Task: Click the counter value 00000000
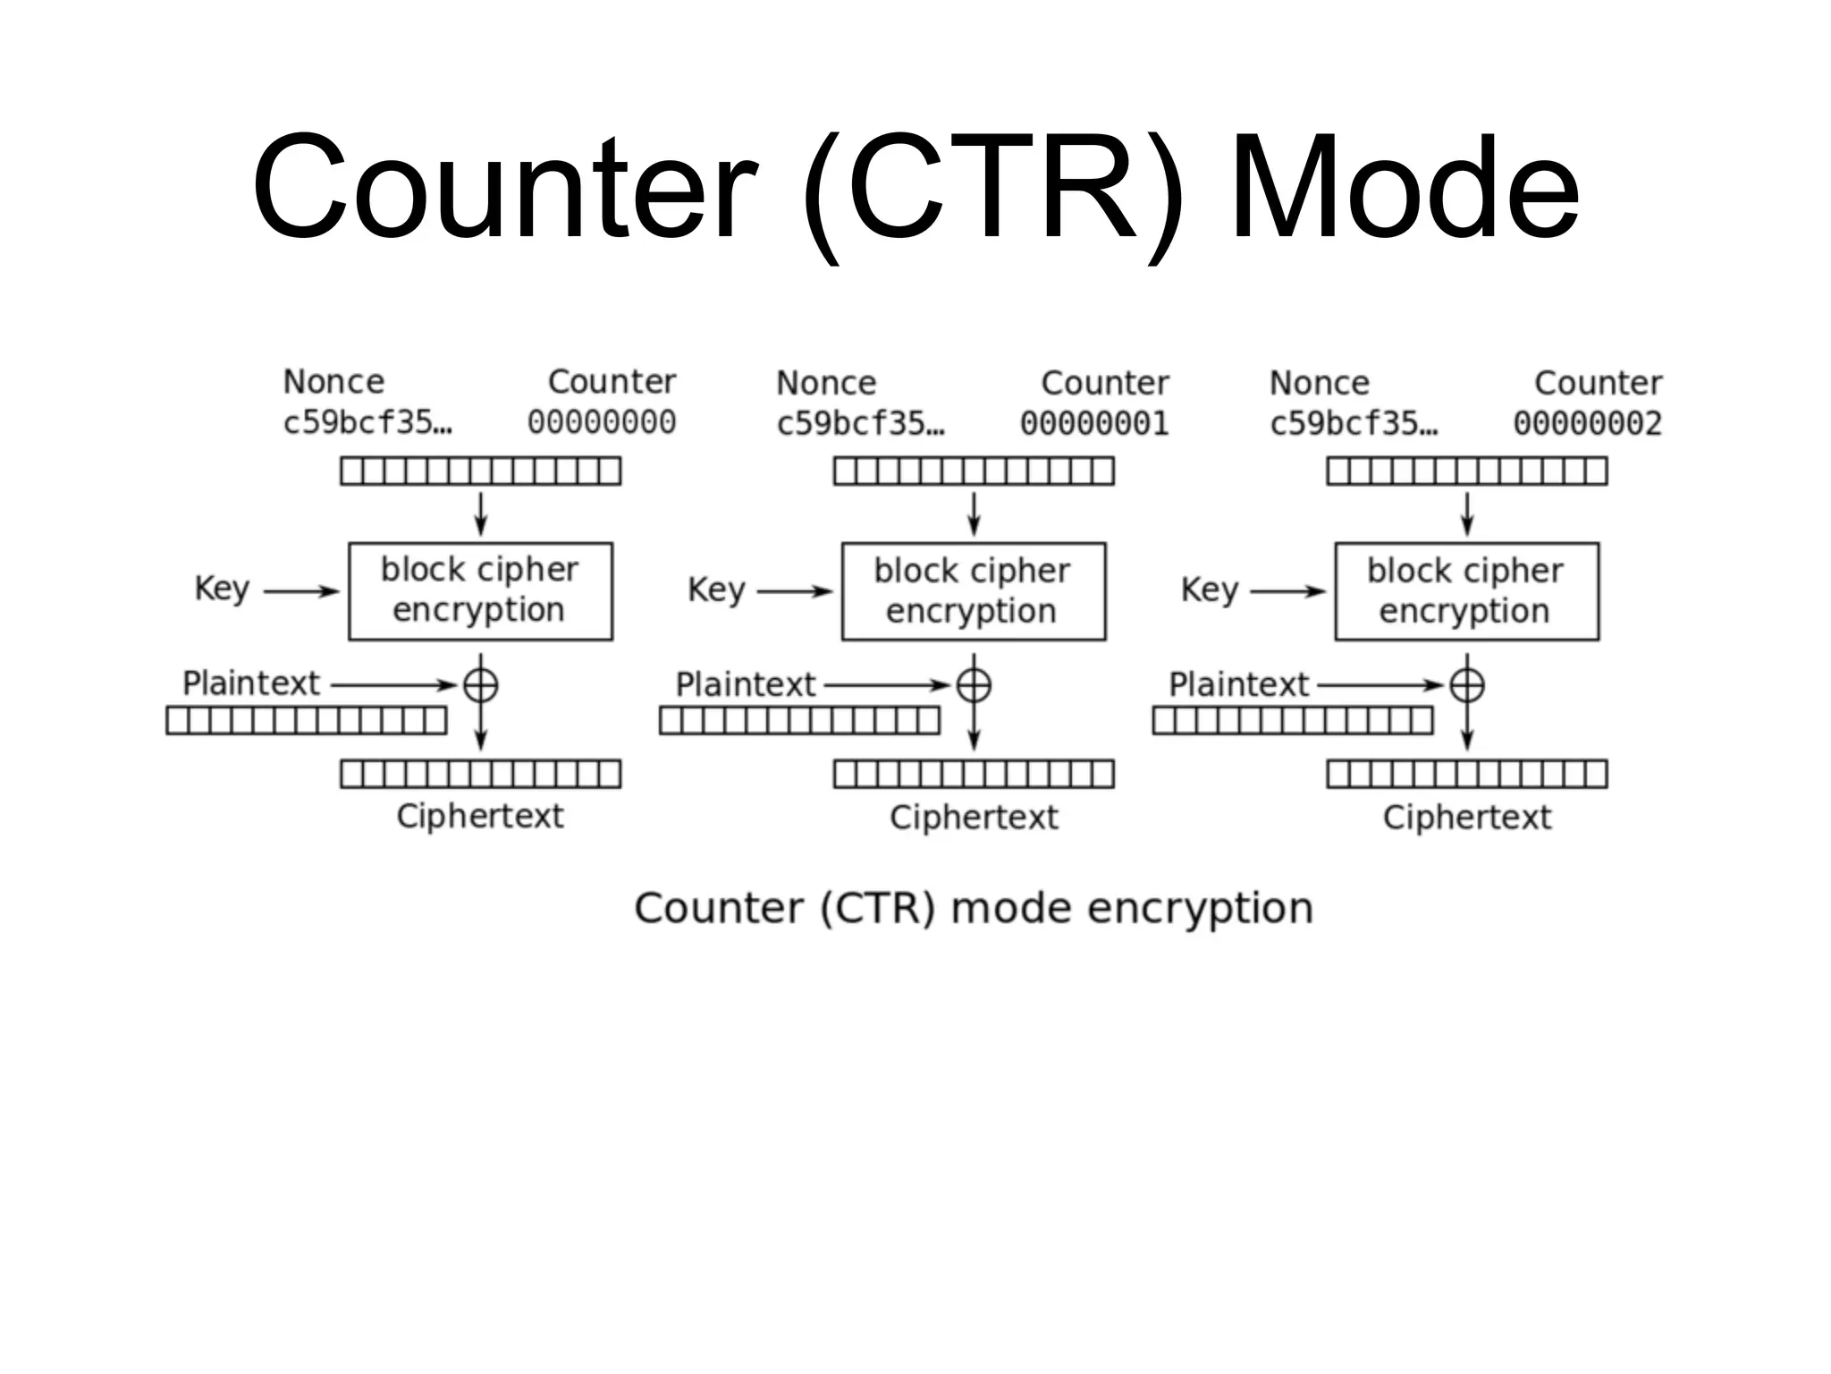click(x=601, y=422)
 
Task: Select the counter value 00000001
click(x=1094, y=423)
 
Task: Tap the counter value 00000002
click(x=1587, y=423)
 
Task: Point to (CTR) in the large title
click(x=992, y=190)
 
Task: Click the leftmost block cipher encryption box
click(x=480, y=590)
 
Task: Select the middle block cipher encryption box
click(x=973, y=590)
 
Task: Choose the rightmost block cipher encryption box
click(x=1466, y=590)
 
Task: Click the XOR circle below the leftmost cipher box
click(x=480, y=686)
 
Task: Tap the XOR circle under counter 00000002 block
click(x=1466, y=686)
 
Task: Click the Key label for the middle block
click(x=716, y=590)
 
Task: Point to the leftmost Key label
click(x=222, y=589)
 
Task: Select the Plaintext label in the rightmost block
click(x=1238, y=684)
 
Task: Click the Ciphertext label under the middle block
click(x=973, y=817)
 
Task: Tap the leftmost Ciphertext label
click(x=480, y=816)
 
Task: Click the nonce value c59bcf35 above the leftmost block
click(x=367, y=422)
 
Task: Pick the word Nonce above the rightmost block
click(x=1319, y=383)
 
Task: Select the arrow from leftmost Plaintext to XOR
click(x=393, y=685)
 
